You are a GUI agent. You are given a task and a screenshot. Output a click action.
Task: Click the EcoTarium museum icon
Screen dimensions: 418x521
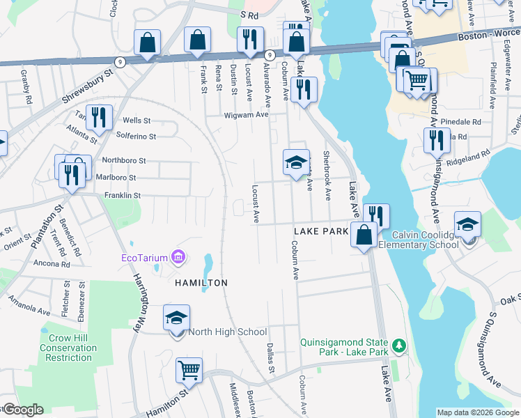pyautogui.click(x=179, y=258)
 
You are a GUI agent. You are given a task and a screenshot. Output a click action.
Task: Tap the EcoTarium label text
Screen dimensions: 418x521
pyautogui.click(x=145, y=258)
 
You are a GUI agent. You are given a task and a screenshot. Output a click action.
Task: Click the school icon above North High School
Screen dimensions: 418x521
pyautogui.click(x=177, y=318)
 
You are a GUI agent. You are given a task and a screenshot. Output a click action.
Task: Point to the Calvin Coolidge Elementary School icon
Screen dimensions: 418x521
pyautogui.click(x=467, y=224)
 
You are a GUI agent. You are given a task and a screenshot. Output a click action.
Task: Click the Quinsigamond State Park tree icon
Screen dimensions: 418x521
pyautogui.click(x=398, y=345)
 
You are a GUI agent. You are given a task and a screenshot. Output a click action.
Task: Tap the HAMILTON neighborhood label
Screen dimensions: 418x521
pyautogui.click(x=201, y=283)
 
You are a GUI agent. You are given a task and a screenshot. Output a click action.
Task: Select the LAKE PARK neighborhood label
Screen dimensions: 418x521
pyautogui.click(x=320, y=231)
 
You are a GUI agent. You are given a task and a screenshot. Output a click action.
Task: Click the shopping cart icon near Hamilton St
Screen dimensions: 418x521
pyautogui.click(x=189, y=370)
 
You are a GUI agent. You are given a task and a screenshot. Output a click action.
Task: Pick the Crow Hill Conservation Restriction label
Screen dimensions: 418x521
pyautogui.click(x=69, y=347)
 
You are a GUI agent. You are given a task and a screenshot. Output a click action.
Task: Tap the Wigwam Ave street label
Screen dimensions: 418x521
pyautogui.click(x=246, y=115)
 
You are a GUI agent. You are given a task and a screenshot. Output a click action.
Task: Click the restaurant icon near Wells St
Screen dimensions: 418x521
pyautogui.click(x=98, y=118)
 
